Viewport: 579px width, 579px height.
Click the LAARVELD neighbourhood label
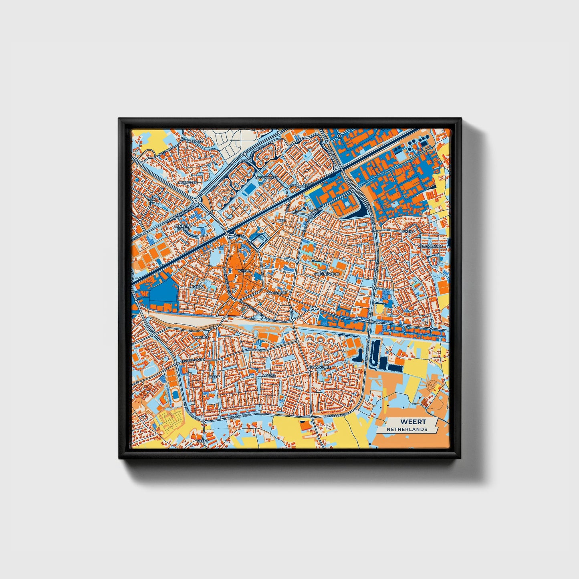tap(195, 141)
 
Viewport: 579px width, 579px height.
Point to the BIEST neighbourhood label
tap(282, 220)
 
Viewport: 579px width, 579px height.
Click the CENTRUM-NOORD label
tap(183, 228)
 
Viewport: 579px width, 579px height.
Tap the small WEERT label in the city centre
tap(244, 271)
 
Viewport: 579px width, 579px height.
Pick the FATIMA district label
tap(198, 287)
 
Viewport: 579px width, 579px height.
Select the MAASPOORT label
tap(276, 293)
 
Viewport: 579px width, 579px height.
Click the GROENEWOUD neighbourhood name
tap(327, 274)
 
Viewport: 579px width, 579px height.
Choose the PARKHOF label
tap(200, 337)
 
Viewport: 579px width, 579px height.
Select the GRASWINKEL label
tap(319, 367)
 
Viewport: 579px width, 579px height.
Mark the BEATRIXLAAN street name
tap(257, 350)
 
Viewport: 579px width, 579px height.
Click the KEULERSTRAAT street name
tap(191, 360)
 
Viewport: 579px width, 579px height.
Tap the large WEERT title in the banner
tap(413, 422)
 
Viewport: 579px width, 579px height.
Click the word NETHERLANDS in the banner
tap(407, 429)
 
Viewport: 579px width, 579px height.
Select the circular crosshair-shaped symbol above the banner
tap(432, 385)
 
